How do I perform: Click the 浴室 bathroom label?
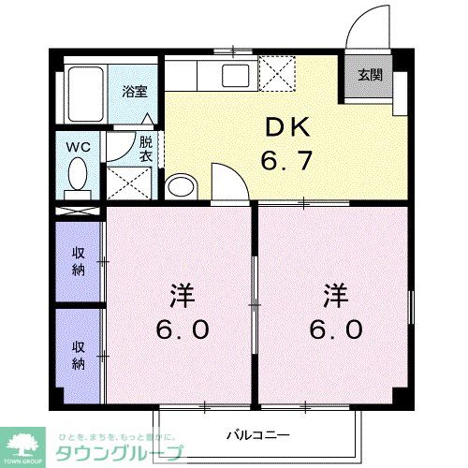point(135,91)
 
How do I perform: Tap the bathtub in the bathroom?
point(86,93)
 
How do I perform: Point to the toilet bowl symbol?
point(79,174)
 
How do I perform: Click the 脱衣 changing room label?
point(146,150)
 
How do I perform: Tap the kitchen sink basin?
point(233,72)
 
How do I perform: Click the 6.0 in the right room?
point(336,329)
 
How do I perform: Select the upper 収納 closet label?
point(80,262)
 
